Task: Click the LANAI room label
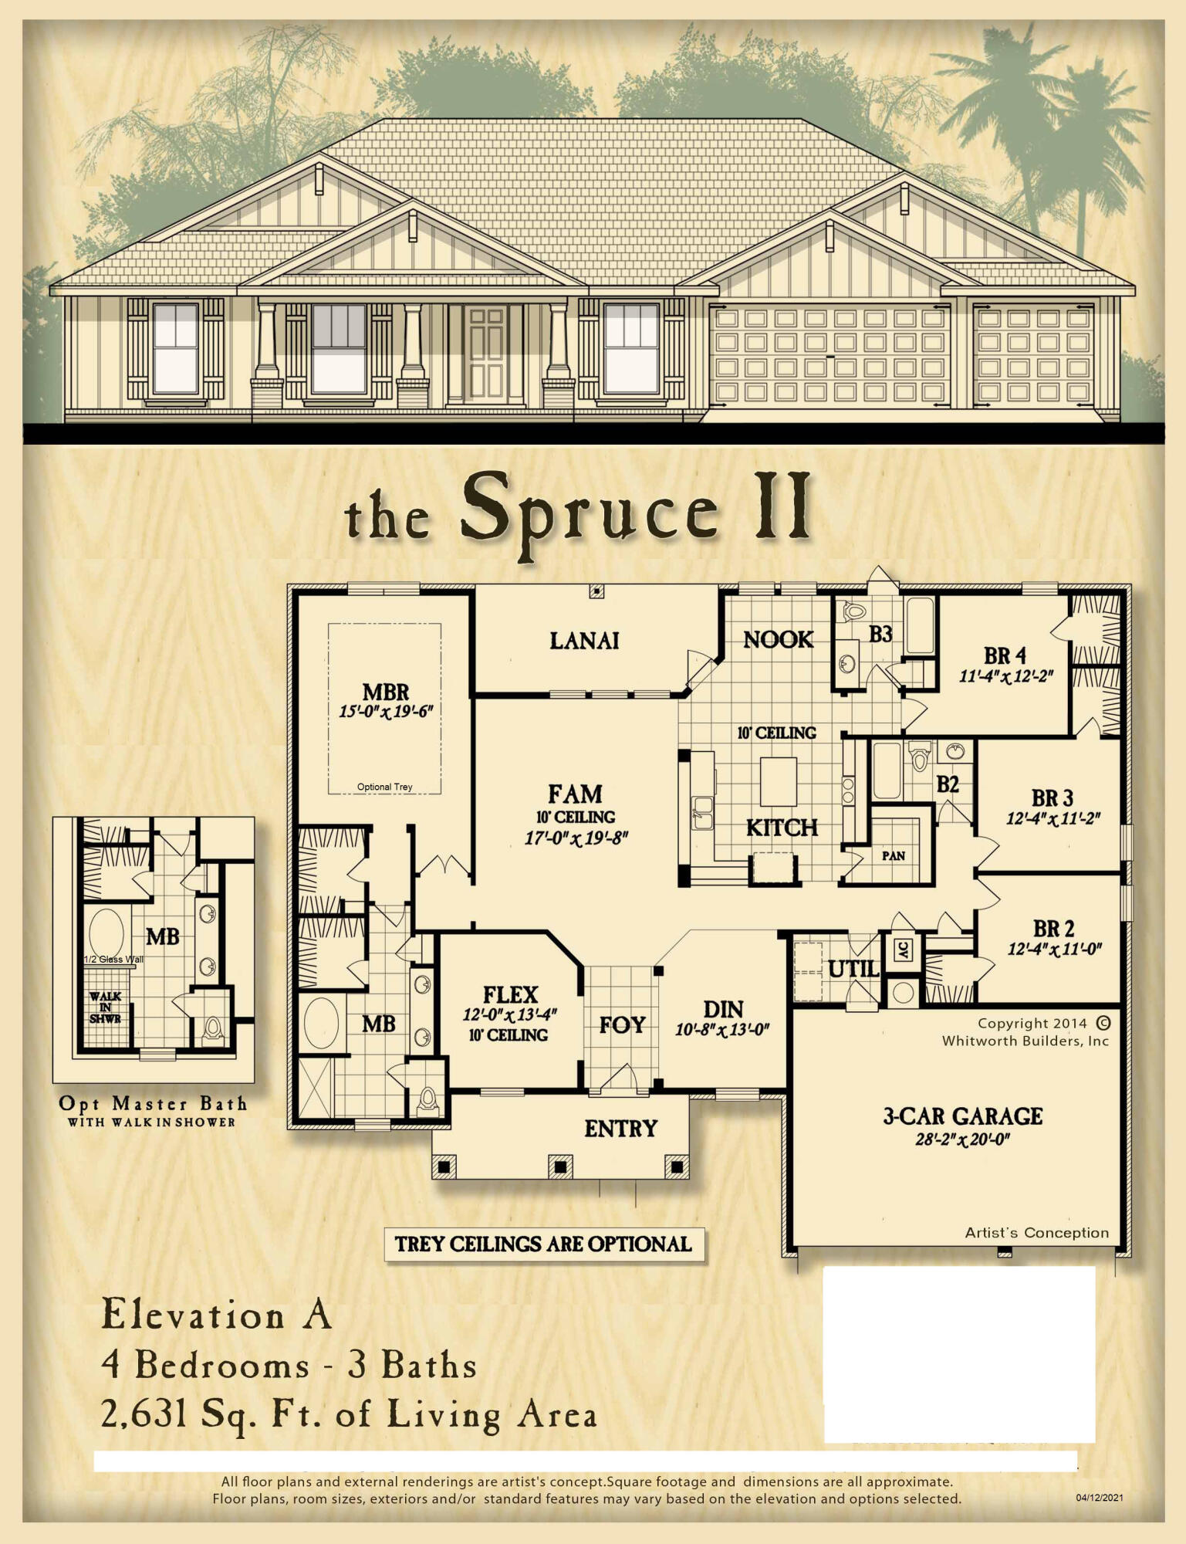[x=584, y=641]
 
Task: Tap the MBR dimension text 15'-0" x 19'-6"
[x=386, y=711]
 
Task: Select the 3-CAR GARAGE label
[x=962, y=1116]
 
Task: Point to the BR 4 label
[x=1005, y=655]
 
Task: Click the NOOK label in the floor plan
[x=778, y=639]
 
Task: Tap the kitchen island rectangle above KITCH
[x=779, y=781]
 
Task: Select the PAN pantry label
[x=894, y=856]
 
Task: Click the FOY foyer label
[x=622, y=1024]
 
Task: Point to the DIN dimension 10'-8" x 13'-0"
[x=722, y=1029]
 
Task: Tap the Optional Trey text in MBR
[x=384, y=787]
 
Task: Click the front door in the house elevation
[x=487, y=354]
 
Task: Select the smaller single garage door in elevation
[x=1033, y=356]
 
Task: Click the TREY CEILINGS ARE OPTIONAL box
[x=544, y=1244]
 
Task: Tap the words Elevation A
[x=217, y=1315]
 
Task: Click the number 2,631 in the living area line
[x=144, y=1414]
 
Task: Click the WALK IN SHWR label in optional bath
[x=105, y=1007]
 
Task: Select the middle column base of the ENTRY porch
[x=560, y=1166]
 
